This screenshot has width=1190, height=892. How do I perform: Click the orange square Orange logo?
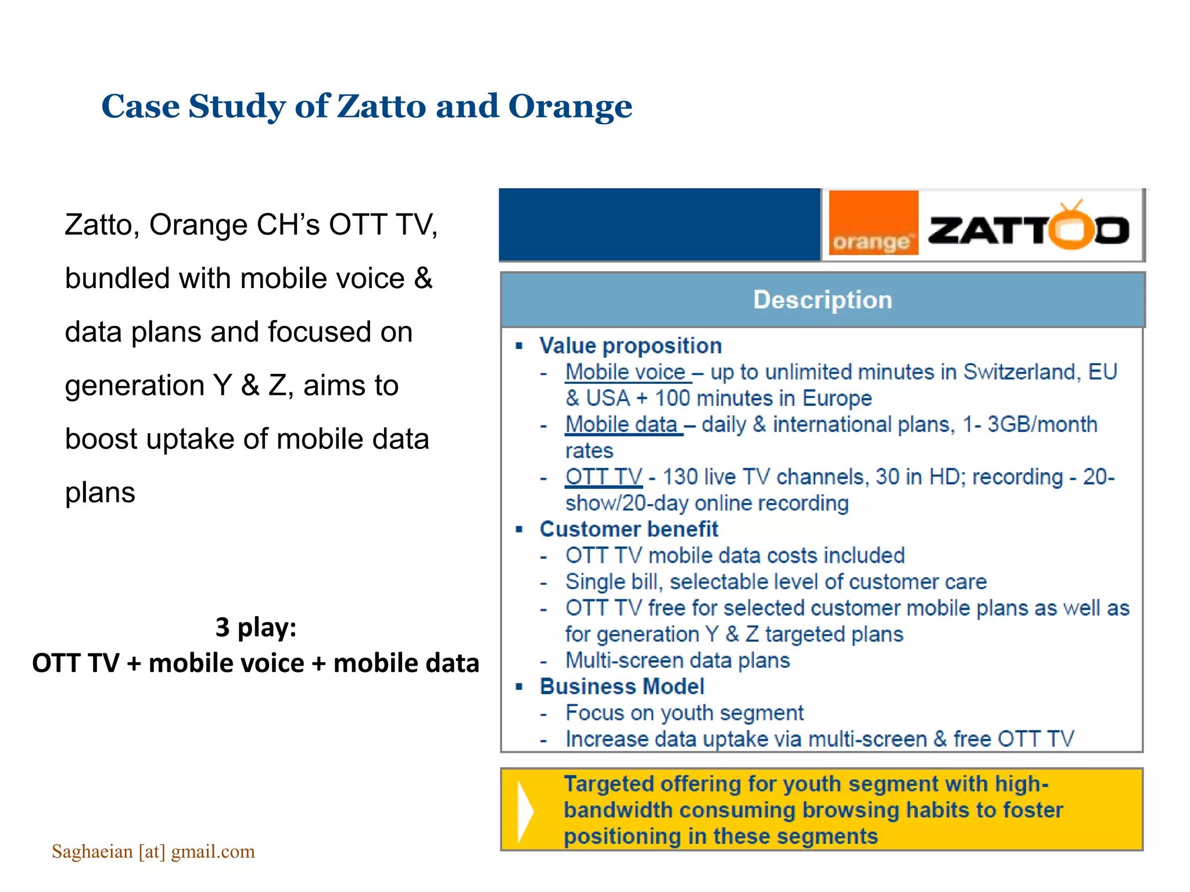(x=873, y=223)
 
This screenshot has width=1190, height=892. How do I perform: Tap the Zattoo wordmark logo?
(x=1028, y=228)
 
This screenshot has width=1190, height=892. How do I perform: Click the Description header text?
(x=822, y=300)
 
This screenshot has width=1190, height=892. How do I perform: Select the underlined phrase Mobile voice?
(x=626, y=372)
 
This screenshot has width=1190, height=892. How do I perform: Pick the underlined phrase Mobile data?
(x=622, y=425)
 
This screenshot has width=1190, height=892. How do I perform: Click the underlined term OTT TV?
(x=604, y=477)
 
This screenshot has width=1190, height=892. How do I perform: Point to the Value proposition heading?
(x=630, y=346)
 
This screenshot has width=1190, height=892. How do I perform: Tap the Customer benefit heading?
(x=628, y=530)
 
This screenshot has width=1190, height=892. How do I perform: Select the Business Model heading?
(x=622, y=686)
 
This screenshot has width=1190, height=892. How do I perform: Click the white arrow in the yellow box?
(x=525, y=811)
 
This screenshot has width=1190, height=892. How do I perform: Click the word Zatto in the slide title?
(x=381, y=107)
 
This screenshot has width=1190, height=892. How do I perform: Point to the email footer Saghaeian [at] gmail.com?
(x=153, y=851)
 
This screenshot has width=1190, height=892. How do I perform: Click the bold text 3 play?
(x=256, y=627)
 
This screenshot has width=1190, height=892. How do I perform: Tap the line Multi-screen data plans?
(x=678, y=661)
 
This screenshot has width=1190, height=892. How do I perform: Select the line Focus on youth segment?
(x=684, y=713)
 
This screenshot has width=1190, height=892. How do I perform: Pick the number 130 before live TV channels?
(x=679, y=477)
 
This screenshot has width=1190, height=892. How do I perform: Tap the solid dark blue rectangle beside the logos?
(x=659, y=225)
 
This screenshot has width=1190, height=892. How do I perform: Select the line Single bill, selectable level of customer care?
(x=776, y=582)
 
